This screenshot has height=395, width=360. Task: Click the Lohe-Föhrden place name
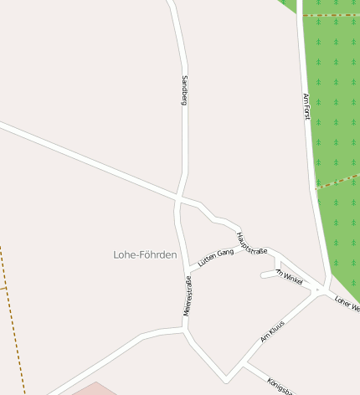tap(145, 254)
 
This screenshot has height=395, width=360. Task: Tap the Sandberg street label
tap(185, 90)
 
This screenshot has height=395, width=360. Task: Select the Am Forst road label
tap(306, 106)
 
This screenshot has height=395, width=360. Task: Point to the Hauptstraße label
tap(251, 244)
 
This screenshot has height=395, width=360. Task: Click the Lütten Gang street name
tap(215, 257)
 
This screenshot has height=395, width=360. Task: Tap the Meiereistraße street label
tap(188, 295)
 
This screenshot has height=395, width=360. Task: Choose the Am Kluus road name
tap(274, 331)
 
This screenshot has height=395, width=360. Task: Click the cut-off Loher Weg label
tap(346, 304)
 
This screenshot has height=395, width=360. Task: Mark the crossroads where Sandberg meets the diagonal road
tap(179, 198)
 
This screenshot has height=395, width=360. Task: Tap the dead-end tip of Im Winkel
tap(263, 274)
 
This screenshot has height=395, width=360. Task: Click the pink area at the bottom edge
tap(95, 389)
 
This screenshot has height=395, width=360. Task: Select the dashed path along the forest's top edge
tap(331, 15)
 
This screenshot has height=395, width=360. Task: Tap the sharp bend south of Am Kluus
tap(227, 380)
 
